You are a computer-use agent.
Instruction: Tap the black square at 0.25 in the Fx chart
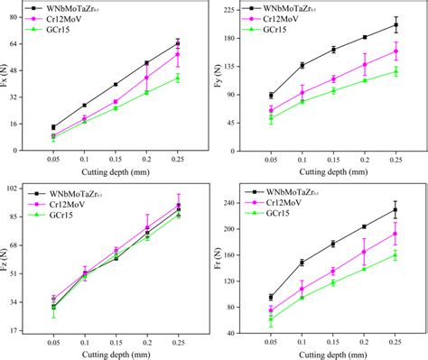point(178,43)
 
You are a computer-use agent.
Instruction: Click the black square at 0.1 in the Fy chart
point(302,65)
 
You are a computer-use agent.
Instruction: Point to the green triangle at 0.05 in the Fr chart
point(271,318)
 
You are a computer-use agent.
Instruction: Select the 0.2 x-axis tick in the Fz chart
point(147,342)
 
